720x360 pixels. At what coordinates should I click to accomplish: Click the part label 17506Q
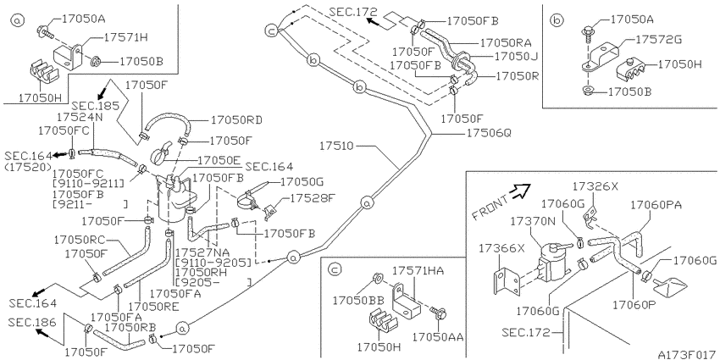489,133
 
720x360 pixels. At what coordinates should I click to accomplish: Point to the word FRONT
490,207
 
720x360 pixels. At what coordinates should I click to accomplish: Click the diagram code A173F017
686,354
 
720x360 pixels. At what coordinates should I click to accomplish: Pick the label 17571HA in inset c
418,271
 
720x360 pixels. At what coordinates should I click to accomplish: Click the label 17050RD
236,120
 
